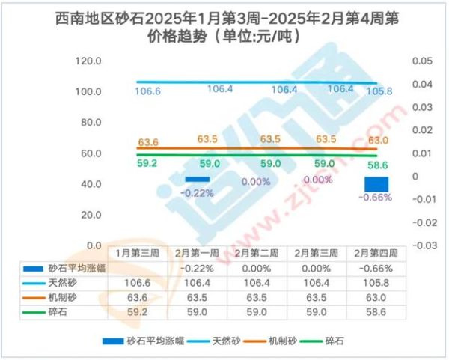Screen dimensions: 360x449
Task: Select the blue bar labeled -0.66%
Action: tap(376, 184)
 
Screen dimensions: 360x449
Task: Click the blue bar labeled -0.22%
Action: tap(197, 180)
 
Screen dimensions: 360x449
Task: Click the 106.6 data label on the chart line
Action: tap(147, 91)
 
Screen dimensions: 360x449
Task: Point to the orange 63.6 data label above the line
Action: tap(148, 142)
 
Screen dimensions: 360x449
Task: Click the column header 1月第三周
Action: tap(140, 253)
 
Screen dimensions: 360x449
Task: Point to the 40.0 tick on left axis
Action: tap(90, 183)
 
